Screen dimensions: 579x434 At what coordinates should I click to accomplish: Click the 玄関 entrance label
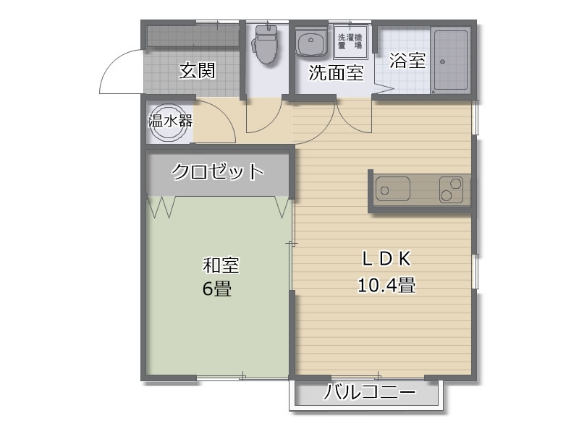coord(197,70)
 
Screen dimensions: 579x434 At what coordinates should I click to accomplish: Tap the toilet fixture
coord(265,44)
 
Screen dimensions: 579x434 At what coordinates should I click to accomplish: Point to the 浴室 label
coord(407,61)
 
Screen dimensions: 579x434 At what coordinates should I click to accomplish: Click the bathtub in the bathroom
coord(450,61)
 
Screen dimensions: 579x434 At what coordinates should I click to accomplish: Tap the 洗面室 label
coord(336,73)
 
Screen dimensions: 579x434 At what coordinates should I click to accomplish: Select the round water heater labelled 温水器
coord(169,122)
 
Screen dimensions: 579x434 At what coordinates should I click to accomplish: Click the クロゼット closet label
coord(218,171)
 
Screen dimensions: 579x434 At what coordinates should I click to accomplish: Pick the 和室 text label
coord(221,265)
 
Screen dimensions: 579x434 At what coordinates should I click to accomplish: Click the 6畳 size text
coord(216,288)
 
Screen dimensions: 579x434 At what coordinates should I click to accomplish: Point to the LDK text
coord(386,259)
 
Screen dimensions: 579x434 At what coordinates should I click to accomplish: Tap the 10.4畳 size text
coord(386,285)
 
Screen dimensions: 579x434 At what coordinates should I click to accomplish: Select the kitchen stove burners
coord(451,190)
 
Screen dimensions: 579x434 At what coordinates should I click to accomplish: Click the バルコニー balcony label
coord(370,392)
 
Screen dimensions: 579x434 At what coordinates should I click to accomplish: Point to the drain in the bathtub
coord(442,61)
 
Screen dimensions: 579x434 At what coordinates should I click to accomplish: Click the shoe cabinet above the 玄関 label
coord(193,35)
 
